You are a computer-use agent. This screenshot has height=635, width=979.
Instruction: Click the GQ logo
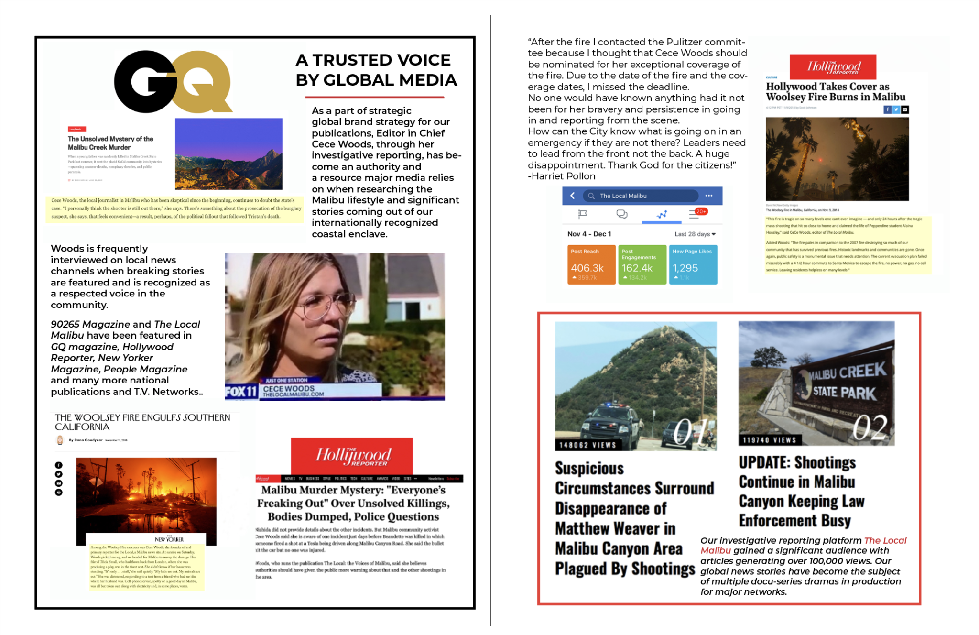[x=173, y=81]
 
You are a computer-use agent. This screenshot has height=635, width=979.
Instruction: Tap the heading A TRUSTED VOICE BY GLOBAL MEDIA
[x=376, y=70]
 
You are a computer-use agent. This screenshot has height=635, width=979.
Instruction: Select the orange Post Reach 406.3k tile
[x=591, y=264]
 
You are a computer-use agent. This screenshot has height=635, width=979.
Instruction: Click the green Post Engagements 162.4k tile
[x=642, y=264]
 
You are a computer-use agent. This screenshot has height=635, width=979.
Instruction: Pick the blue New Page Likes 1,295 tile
[x=692, y=264]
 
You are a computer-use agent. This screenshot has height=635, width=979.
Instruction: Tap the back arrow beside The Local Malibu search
[x=572, y=196]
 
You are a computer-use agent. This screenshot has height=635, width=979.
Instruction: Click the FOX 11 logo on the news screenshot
[x=241, y=392]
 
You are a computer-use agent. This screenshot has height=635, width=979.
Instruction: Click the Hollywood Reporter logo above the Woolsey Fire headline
[x=833, y=67]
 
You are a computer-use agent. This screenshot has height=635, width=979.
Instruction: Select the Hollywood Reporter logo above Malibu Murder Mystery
[x=352, y=456]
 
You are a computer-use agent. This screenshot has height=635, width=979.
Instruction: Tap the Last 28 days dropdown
[x=695, y=234]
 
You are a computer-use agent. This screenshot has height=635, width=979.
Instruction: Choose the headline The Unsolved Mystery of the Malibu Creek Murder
[x=110, y=143]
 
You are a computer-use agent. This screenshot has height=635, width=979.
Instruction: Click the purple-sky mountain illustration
[x=228, y=153]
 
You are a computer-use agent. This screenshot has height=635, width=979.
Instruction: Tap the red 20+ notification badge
[x=701, y=211]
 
